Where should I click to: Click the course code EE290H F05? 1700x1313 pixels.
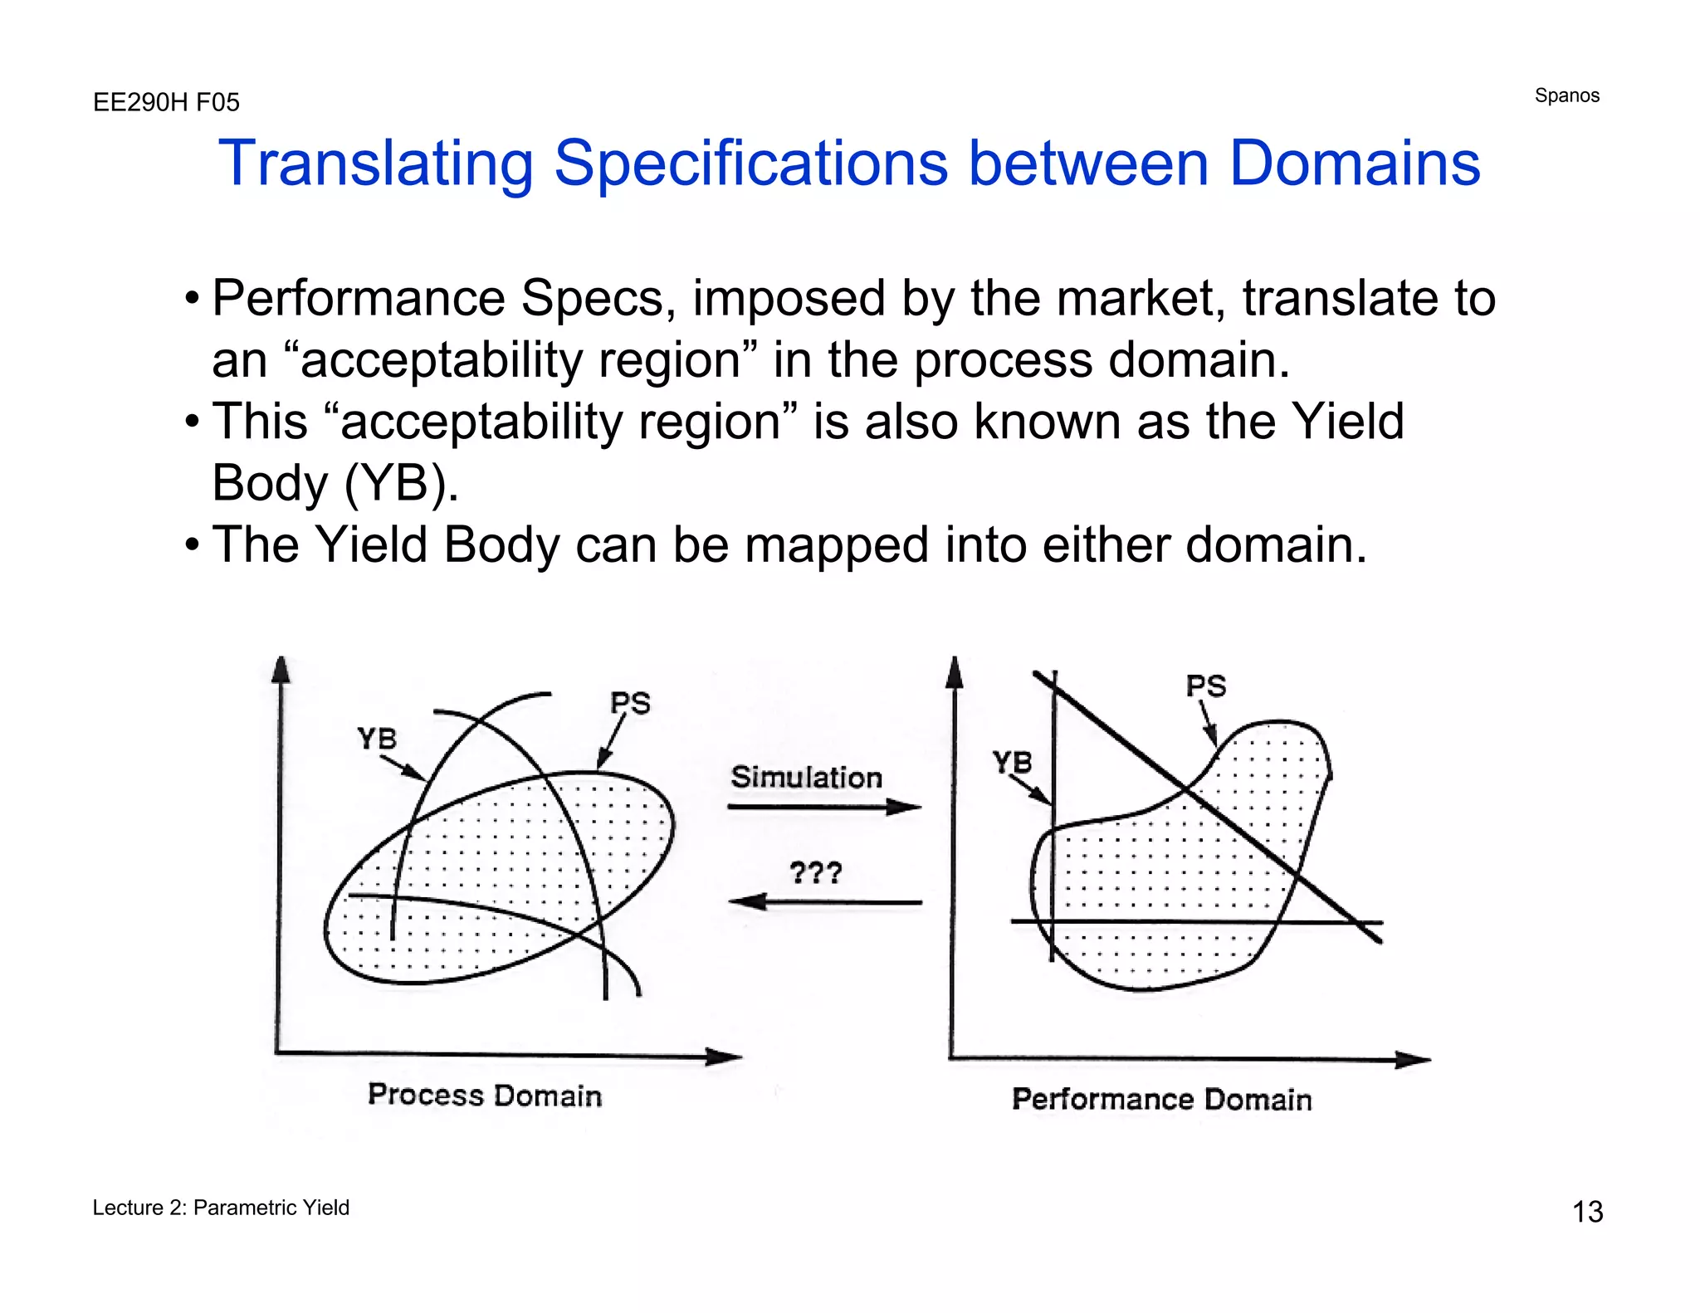(166, 102)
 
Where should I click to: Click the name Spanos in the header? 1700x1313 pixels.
(1566, 95)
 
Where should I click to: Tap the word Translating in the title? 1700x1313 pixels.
(375, 163)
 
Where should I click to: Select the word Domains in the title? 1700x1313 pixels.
(1354, 163)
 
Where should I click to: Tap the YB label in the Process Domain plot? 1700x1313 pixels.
(377, 738)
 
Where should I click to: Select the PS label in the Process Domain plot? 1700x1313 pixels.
(630, 703)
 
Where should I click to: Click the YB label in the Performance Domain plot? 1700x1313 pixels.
(1012, 761)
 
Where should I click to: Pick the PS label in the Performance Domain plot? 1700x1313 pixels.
(1205, 686)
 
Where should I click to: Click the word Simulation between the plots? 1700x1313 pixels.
(806, 778)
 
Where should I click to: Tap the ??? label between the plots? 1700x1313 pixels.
(815, 872)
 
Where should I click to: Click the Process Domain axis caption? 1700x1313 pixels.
(485, 1096)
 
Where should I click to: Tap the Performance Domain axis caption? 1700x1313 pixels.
(1161, 1100)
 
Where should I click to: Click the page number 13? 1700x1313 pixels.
(1587, 1212)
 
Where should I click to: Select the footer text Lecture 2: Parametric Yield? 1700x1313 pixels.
(221, 1208)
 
